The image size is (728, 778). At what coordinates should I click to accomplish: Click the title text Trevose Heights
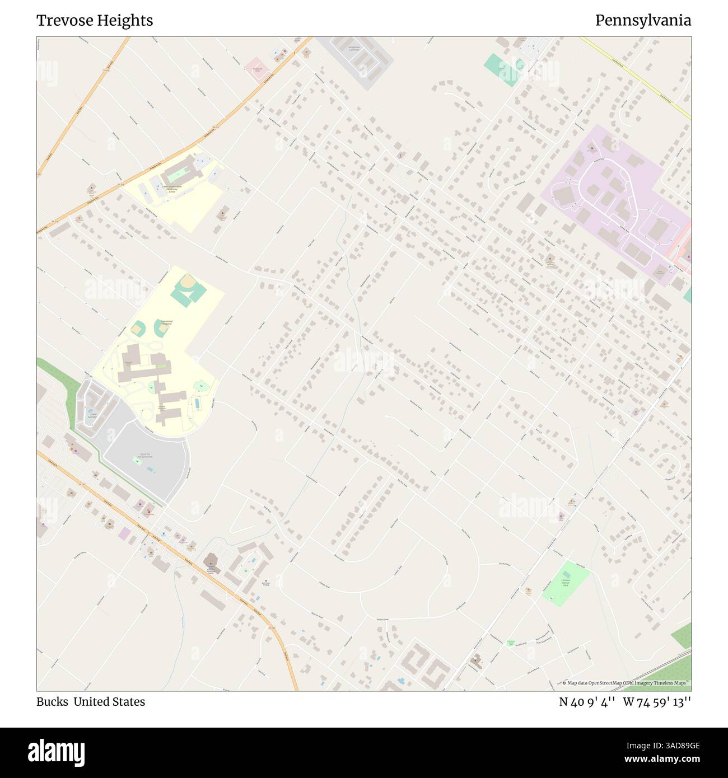click(95, 21)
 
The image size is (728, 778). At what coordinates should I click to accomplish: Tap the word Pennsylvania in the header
click(643, 21)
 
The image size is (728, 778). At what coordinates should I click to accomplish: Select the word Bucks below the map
click(52, 702)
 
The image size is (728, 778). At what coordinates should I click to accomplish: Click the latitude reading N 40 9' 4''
click(587, 702)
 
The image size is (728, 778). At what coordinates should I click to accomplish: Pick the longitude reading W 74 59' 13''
click(657, 702)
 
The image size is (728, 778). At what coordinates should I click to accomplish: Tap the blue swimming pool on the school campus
click(197, 403)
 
